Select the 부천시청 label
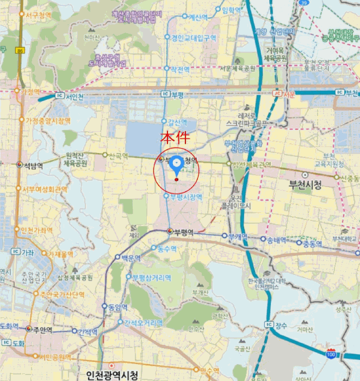tap(303, 185)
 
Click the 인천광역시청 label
tap(112, 375)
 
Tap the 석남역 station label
tap(33, 165)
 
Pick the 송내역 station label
tap(277, 239)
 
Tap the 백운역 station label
tap(131, 257)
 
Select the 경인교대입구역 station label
tap(194, 38)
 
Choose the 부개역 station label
tap(238, 236)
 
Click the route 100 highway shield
tap(331, 354)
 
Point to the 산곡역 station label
tap(118, 156)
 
